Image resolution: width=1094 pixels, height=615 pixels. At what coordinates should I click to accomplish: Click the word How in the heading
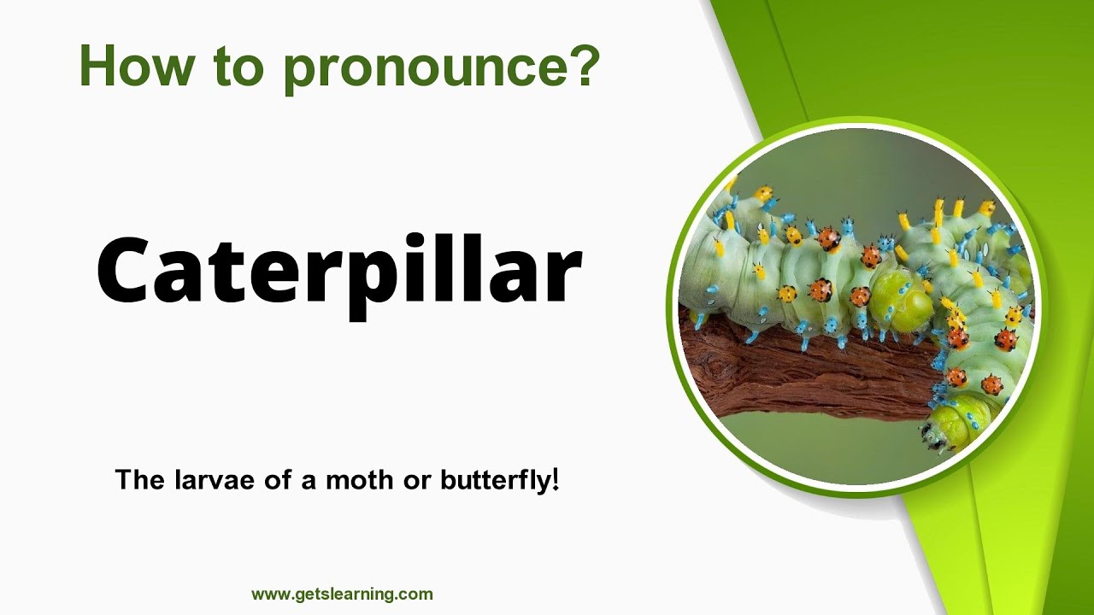(x=132, y=66)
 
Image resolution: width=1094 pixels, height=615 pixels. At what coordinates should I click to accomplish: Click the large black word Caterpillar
(x=339, y=268)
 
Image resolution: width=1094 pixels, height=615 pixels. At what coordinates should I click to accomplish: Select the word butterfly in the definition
(x=493, y=480)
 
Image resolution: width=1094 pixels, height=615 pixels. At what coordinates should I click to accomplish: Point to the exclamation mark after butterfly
(x=556, y=479)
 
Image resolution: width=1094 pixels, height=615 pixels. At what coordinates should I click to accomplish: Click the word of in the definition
(x=273, y=480)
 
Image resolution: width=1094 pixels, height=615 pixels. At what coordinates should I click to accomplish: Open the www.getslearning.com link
(x=342, y=594)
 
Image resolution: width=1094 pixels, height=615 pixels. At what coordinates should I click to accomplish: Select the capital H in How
(x=97, y=66)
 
